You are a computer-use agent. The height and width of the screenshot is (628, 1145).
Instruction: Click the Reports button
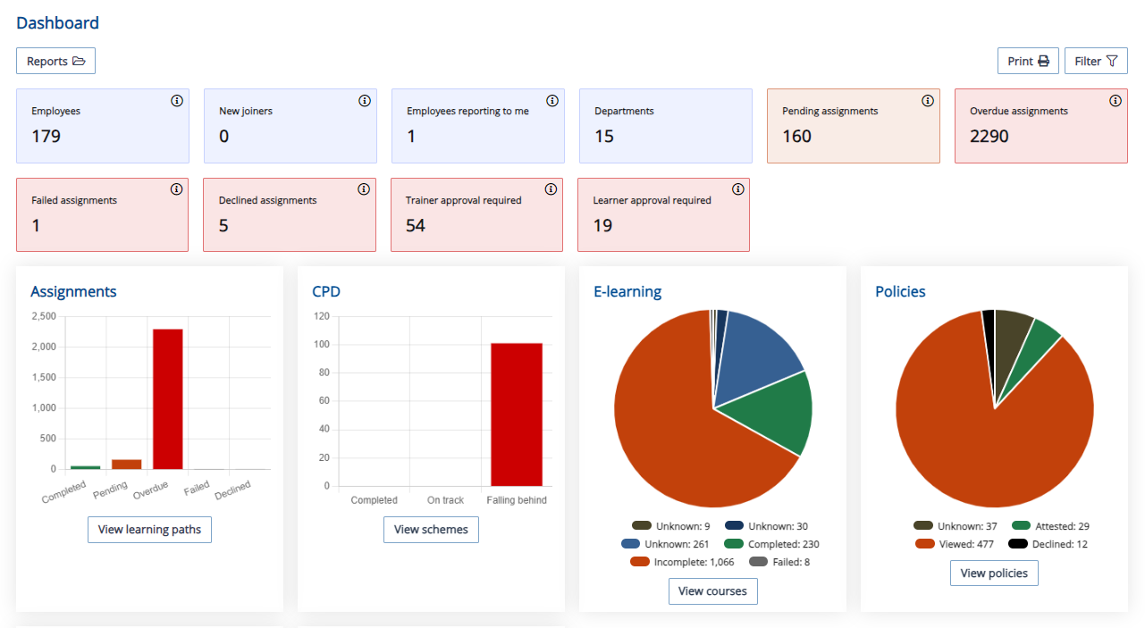(55, 61)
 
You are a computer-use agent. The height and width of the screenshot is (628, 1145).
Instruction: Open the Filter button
(1096, 61)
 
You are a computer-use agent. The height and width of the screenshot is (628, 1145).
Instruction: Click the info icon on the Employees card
(177, 101)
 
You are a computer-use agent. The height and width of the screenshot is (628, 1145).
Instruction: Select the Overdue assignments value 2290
(989, 136)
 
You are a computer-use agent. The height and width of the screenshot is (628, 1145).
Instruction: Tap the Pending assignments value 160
(796, 136)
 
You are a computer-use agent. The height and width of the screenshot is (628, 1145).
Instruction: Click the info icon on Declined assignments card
(364, 189)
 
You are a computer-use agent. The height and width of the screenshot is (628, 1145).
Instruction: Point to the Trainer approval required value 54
(416, 225)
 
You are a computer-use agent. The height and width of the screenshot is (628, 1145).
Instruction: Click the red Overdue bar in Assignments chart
(168, 398)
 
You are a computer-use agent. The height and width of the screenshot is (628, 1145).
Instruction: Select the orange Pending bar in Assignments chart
(127, 464)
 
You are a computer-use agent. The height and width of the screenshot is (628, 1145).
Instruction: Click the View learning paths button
(149, 529)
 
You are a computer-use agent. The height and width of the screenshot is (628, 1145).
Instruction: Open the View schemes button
(431, 529)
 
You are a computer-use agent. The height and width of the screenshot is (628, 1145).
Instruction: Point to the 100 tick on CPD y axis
(322, 345)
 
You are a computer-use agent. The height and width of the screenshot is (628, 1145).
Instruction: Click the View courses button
(712, 590)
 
